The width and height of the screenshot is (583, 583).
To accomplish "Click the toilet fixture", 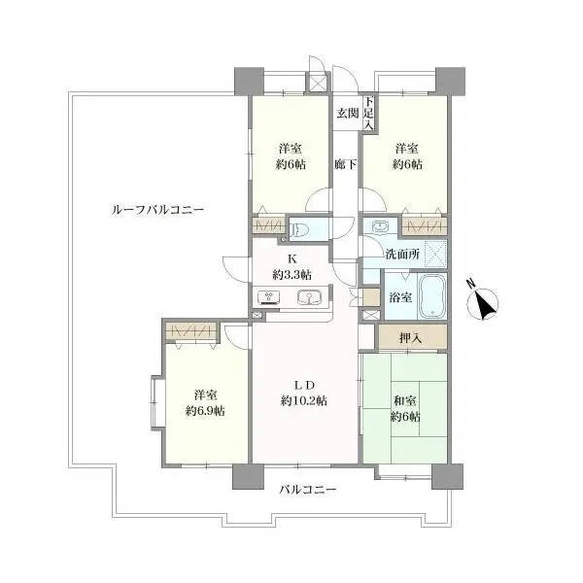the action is click(299, 228).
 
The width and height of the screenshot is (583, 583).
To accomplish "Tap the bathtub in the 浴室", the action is click(432, 296).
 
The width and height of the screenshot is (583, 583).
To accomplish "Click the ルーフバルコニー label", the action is click(157, 210).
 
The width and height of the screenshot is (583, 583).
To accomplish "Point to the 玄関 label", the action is click(348, 113).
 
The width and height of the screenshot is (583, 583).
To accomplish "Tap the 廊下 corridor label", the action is click(345, 164).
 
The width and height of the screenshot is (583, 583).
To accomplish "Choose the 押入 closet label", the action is click(410, 338).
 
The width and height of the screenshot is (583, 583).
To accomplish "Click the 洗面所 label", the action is click(402, 255).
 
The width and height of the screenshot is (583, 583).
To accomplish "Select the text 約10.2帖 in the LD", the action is click(304, 401).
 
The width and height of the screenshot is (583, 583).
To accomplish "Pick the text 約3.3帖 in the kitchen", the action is click(291, 275).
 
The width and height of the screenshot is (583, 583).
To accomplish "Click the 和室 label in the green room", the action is click(405, 401).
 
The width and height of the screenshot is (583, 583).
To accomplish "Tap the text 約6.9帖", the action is click(205, 411).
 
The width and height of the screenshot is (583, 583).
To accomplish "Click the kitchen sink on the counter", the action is click(309, 296).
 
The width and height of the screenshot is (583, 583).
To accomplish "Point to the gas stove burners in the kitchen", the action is click(268, 296).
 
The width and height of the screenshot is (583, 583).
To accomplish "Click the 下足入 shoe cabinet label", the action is click(368, 114).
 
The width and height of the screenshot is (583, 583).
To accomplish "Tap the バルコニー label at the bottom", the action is click(307, 490).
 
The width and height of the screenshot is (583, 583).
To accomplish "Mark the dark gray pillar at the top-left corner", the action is click(249, 81).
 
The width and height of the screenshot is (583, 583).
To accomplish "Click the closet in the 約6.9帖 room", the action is click(190, 331).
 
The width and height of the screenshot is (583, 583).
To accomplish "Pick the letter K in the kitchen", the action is click(291, 258).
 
